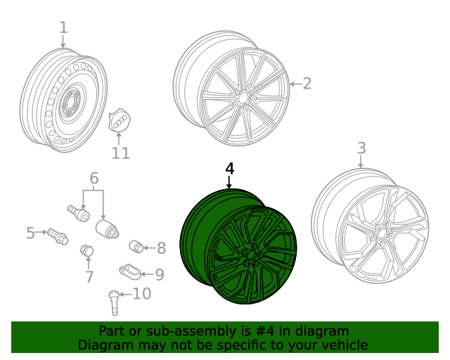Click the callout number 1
point(63,27)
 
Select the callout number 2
point(307,84)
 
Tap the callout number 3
point(361,148)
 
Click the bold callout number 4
point(229,169)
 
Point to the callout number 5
point(30,232)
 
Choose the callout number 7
point(89,276)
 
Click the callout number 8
point(161,247)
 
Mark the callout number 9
point(159,274)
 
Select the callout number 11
point(120,153)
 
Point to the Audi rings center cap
point(120,120)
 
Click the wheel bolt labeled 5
point(56,236)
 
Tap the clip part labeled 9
point(129,269)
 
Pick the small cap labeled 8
point(137,245)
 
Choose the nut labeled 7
point(88,250)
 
